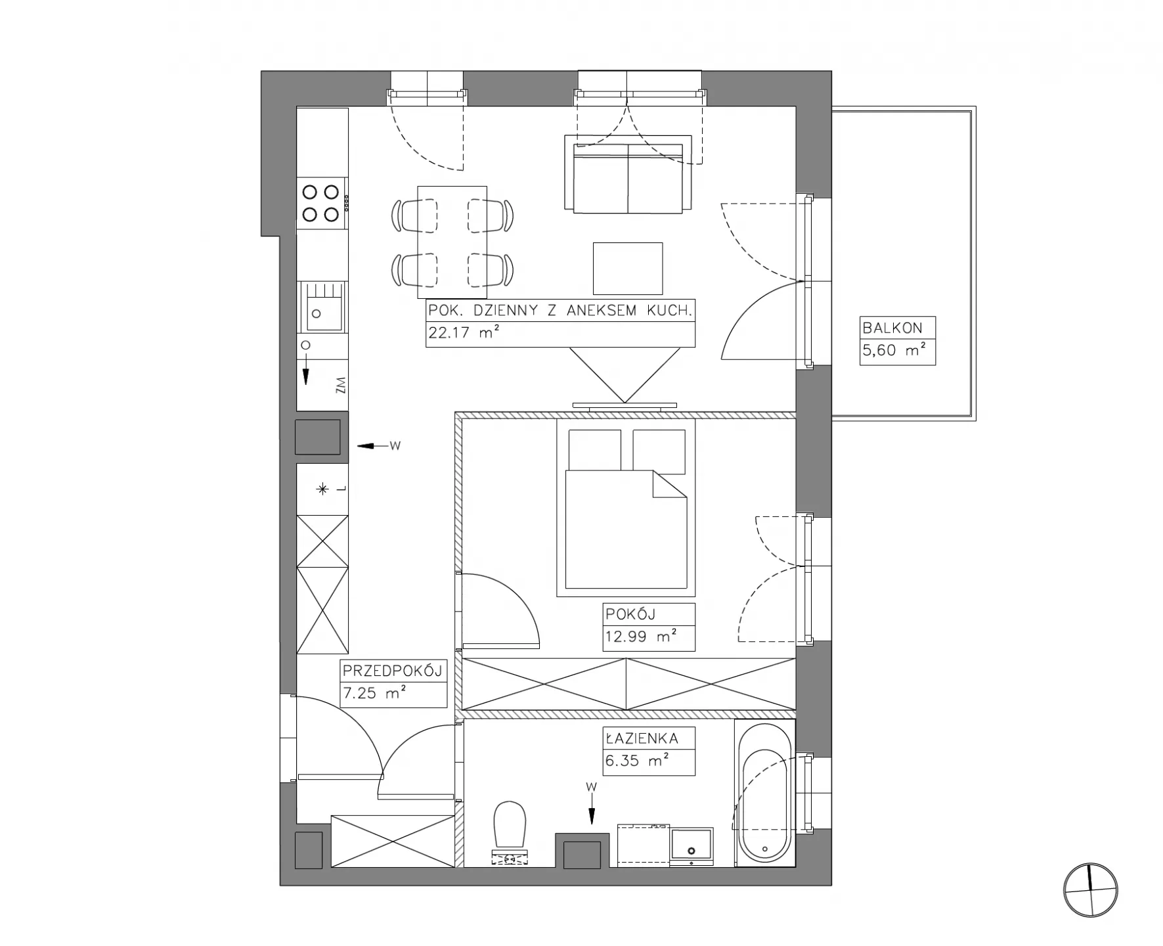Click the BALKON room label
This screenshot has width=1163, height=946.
892,328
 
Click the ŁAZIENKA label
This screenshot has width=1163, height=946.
642,738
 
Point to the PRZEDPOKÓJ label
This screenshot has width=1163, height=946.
393,671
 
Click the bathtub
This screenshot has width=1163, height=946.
765,794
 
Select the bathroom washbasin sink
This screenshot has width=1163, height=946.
691,847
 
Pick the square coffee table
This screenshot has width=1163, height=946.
628,269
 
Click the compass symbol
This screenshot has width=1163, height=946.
1090,890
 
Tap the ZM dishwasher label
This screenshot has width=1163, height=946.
340,386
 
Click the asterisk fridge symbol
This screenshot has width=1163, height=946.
322,489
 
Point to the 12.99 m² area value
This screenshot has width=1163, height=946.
641,637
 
